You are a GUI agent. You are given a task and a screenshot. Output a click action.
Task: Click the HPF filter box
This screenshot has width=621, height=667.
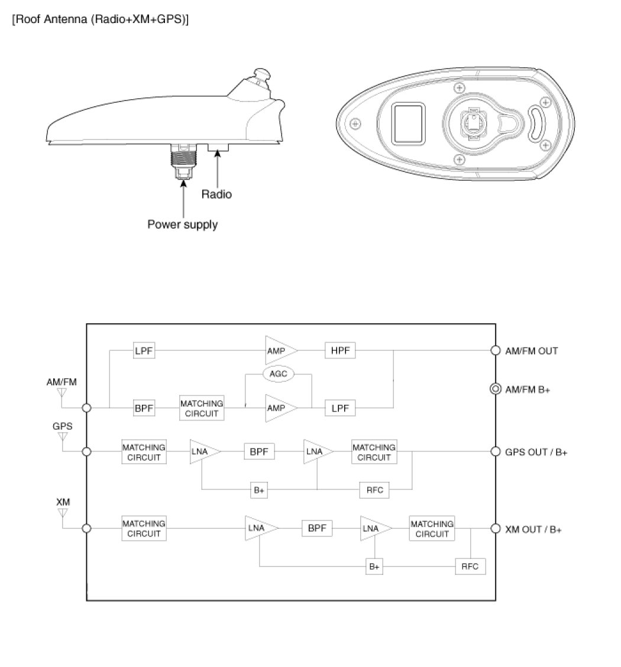tap(340, 350)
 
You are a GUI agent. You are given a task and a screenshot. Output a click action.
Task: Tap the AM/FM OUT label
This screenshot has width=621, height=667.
tap(532, 350)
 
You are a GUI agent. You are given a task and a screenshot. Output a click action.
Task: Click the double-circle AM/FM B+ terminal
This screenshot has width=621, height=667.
tap(496, 389)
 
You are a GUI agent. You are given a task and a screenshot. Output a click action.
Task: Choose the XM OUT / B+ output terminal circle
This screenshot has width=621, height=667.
tap(496, 529)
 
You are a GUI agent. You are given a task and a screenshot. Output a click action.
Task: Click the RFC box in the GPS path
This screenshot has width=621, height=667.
tap(375, 490)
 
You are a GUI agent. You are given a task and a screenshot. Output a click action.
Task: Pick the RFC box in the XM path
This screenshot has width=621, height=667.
tap(470, 566)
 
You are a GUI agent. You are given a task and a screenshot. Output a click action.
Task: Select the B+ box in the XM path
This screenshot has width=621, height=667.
tap(374, 566)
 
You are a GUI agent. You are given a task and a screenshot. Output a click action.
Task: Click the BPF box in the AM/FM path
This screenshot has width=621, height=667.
tap(144, 408)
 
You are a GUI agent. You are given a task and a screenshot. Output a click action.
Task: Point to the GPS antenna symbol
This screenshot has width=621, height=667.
tap(63, 438)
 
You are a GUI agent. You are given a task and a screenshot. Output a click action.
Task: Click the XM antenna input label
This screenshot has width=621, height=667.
tap(63, 502)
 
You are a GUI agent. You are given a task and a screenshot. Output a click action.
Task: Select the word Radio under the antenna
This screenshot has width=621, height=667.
tap(216, 194)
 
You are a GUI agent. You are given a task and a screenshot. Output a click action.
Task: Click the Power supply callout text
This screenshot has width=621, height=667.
tap(182, 224)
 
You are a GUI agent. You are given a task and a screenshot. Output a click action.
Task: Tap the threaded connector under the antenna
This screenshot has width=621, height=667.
tap(183, 160)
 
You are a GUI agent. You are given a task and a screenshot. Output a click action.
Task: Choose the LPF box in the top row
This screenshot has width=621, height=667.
tap(144, 350)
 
